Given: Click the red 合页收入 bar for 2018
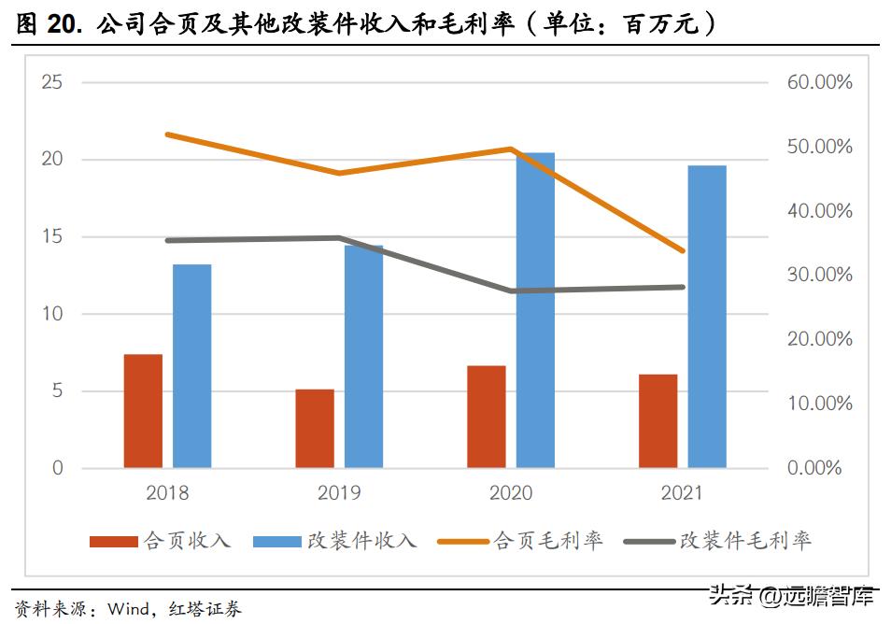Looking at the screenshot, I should click(143, 411).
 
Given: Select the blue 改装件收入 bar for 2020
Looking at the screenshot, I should click(535, 310).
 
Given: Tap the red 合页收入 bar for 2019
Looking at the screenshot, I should click(315, 428).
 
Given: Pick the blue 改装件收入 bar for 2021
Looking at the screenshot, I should click(707, 317).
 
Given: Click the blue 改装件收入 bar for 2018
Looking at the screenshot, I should click(191, 366).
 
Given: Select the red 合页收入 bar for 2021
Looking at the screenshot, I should click(658, 420).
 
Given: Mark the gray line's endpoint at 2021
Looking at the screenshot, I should click(682, 287).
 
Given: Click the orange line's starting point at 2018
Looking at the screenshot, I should click(167, 135).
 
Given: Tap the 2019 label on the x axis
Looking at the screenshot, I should click(339, 492).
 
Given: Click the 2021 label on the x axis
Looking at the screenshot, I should click(681, 492).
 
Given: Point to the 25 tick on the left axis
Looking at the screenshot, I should click(52, 82).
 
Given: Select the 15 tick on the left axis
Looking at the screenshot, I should click(52, 236).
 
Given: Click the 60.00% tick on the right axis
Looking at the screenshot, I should click(819, 82).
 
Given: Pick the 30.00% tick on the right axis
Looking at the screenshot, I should click(819, 275).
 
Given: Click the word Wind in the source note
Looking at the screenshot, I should click(128, 610).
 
